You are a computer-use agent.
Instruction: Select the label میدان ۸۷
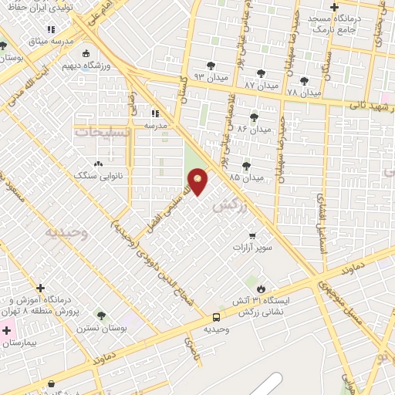pyautogui.click(x=260, y=83)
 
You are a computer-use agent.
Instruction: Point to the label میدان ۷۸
pyautogui.click(x=302, y=92)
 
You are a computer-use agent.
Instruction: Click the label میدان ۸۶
pyautogui.click(x=255, y=129)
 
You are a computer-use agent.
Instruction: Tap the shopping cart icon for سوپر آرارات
pyautogui.click(x=252, y=235)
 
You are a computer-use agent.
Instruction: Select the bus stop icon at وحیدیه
pyautogui.click(x=217, y=317)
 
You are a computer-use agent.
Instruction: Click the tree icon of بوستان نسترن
pyautogui.click(x=101, y=315)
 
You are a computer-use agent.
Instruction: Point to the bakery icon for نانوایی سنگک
pyautogui.click(x=98, y=164)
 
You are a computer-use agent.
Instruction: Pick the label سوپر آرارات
pyautogui.click(x=252, y=248)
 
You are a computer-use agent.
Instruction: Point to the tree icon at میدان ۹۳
pyautogui.click(x=211, y=66)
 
